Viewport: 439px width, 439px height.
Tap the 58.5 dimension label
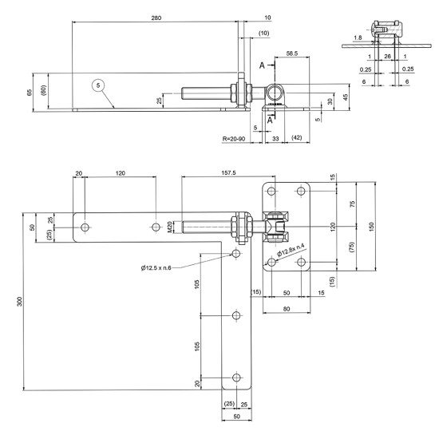click(293, 54)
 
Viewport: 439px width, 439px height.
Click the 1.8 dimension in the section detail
click(358, 38)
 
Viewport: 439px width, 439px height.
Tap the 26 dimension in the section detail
click(387, 57)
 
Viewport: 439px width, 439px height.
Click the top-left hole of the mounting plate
click(272, 192)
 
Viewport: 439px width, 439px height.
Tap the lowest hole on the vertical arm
click(235, 378)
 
